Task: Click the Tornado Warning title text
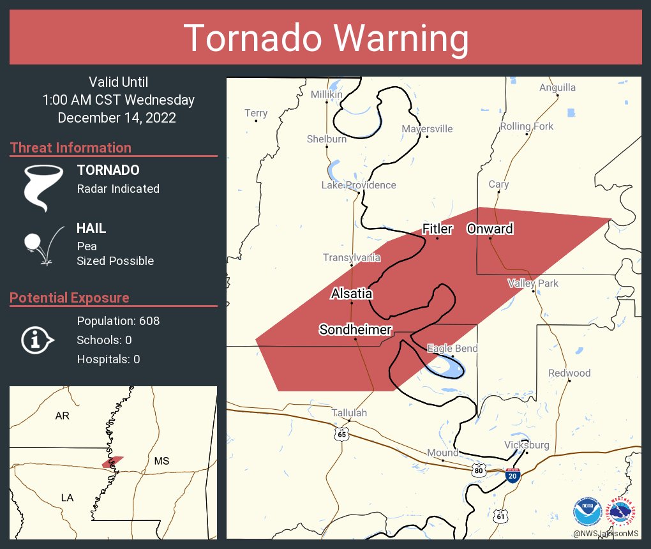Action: tap(325, 38)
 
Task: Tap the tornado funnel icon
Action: tap(43, 187)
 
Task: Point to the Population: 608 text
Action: tap(118, 320)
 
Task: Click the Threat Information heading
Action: tap(71, 148)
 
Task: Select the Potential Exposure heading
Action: tap(70, 298)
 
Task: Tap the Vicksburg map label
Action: tap(526, 444)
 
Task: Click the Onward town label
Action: tap(490, 229)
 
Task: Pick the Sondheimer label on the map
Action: tap(355, 329)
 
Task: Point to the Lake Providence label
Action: tap(358, 185)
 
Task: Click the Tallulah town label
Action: tap(349, 413)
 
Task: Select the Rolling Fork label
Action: tap(527, 126)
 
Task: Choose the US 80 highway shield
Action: tap(479, 470)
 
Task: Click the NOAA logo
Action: tap(587, 511)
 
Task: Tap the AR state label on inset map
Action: tap(62, 416)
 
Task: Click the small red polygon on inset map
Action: tap(113, 461)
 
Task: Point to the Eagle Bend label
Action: tap(452, 349)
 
